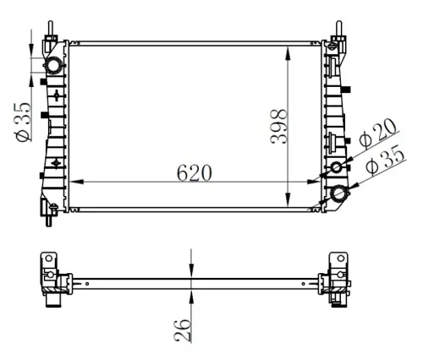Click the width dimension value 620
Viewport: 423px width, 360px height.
(x=194, y=172)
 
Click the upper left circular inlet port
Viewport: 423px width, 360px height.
(x=54, y=66)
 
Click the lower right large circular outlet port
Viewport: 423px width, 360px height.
(x=343, y=194)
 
